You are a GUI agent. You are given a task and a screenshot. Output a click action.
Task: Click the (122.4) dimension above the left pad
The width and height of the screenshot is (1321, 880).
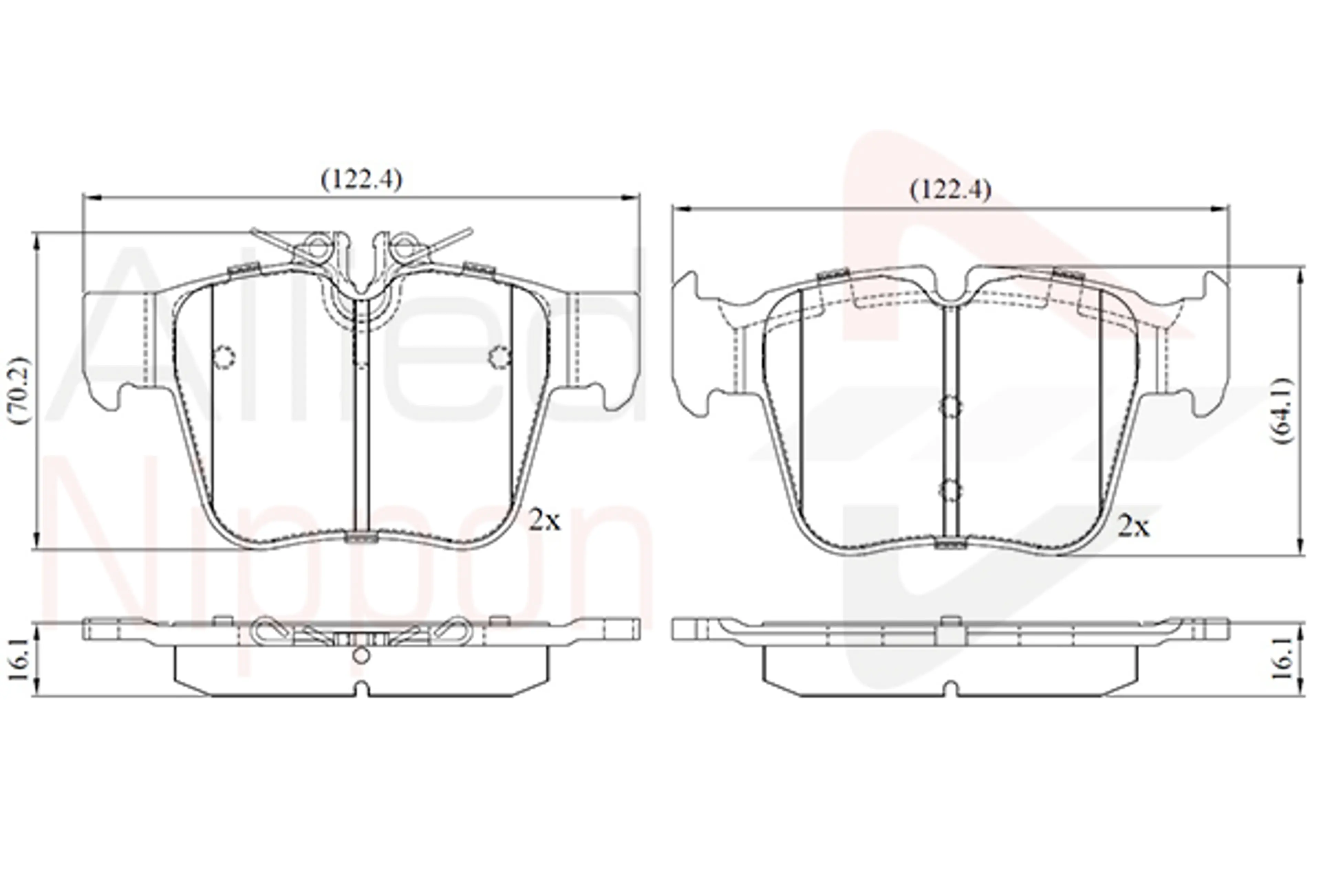click(362, 179)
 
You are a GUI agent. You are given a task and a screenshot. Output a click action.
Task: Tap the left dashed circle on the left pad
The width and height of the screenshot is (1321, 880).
click(224, 356)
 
